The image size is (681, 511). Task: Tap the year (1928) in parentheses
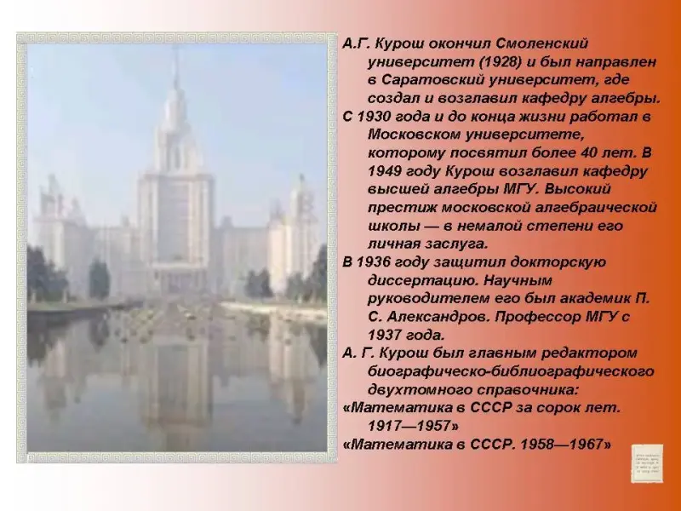(501, 62)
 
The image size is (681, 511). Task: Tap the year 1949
(385, 171)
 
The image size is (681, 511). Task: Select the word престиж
(402, 208)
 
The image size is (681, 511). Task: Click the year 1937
(385, 336)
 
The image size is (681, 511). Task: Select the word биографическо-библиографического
(511, 372)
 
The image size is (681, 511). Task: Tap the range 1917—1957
(413, 427)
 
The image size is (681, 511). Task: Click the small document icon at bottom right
(647, 463)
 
